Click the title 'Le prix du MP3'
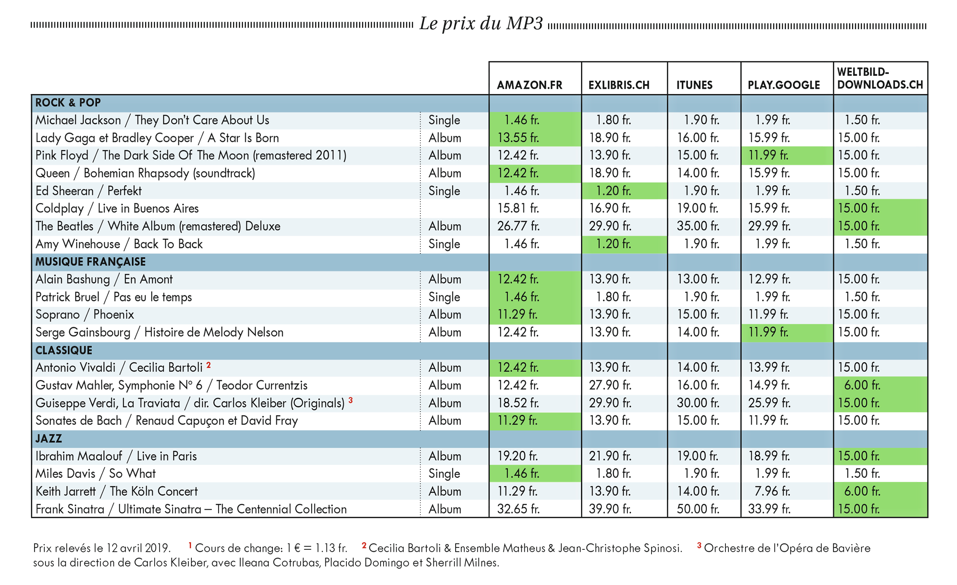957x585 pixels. [481, 23]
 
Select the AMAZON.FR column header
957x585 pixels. [529, 85]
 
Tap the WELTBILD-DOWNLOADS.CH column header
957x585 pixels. [880, 78]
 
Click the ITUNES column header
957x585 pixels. [694, 85]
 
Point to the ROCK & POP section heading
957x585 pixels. [68, 103]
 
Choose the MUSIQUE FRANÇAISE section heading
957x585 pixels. [90, 262]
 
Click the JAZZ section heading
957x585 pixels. [49, 438]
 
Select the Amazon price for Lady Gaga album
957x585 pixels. [518, 138]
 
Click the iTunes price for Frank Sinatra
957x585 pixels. [698, 509]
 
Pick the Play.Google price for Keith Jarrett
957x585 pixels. [772, 491]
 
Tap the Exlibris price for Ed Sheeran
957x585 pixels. [613, 191]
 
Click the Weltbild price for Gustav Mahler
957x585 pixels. [862, 385]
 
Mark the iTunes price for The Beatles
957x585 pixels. [698, 226]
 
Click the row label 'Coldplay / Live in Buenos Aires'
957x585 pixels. [117, 209]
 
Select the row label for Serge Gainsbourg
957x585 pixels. [159, 332]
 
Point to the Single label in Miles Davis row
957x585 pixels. [444, 474]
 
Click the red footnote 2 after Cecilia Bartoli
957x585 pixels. [209, 365]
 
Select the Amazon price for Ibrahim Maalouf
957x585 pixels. [518, 456]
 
